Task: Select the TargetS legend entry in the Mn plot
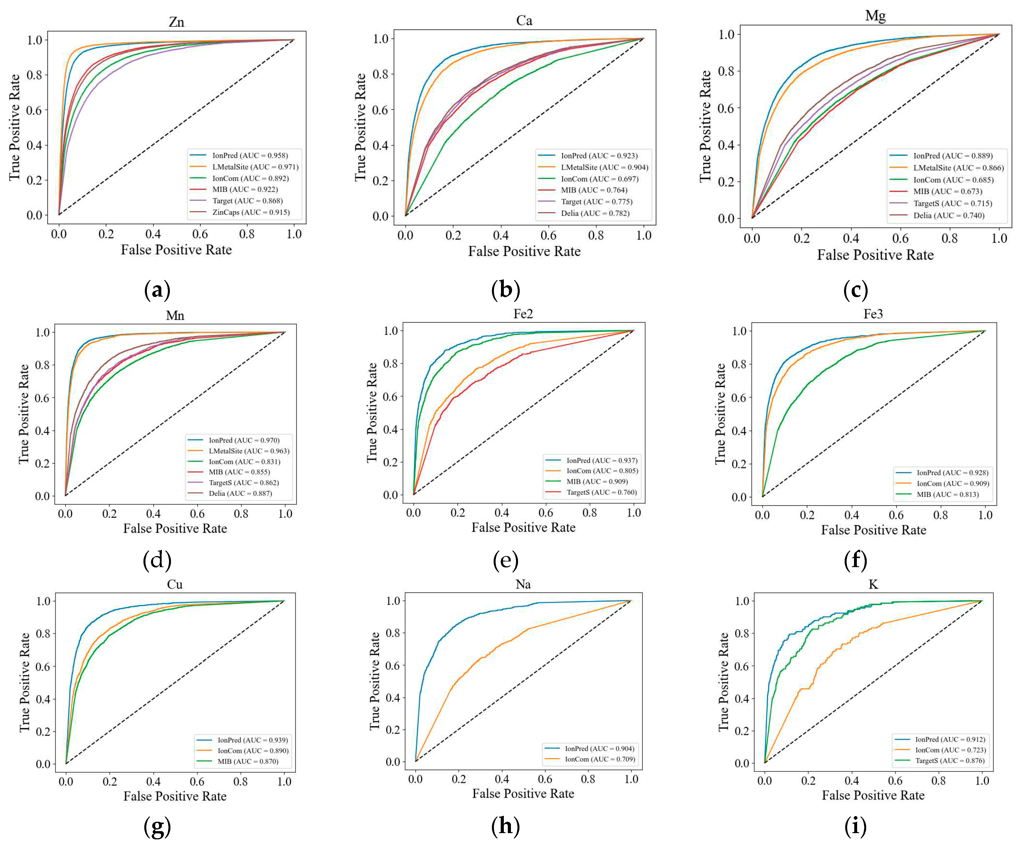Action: click(243, 482)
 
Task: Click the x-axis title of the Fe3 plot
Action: click(873, 530)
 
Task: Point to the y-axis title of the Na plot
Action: click(374, 681)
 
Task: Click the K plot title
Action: click(873, 584)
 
